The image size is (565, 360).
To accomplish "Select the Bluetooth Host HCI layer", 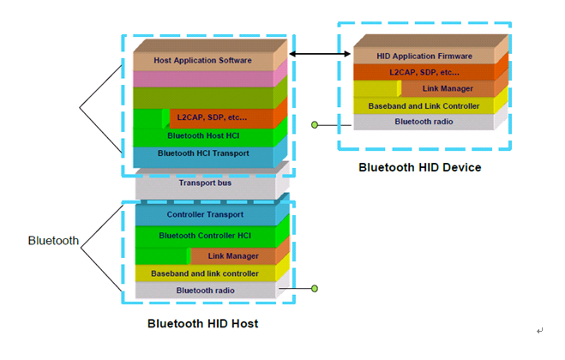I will point(203,135).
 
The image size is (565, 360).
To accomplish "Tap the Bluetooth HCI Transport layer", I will point(203,153).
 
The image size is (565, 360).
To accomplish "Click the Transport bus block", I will point(204,183).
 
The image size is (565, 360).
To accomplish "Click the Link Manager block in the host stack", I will point(232,256).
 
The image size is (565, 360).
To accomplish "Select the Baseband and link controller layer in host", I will point(204,273).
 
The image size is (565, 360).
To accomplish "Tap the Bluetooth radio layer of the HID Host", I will point(204,291).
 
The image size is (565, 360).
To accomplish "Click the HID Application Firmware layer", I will point(424,55).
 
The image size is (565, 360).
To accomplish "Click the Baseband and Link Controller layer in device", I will point(424,106).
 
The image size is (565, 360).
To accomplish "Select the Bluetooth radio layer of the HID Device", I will point(424,122).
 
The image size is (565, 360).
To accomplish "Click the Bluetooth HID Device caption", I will point(419,167).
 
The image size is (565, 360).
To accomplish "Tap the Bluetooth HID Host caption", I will point(202,324).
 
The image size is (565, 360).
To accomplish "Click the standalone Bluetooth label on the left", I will point(54,242).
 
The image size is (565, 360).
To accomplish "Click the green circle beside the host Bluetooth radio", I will point(316,289).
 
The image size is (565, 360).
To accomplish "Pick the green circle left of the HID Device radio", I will point(315,125).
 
